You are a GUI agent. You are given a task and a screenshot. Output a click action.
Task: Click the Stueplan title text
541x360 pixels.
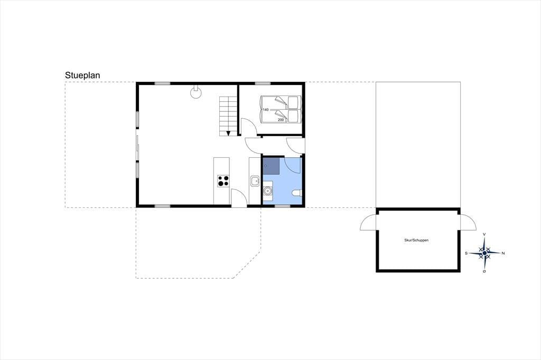(82, 75)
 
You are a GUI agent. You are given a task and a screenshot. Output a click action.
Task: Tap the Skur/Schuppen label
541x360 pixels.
(416, 240)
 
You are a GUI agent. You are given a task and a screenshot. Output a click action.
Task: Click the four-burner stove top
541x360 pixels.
(223, 181)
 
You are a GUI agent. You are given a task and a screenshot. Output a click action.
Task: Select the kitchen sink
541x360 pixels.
(255, 181)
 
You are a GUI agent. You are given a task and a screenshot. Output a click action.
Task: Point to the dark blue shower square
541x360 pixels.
(271, 166)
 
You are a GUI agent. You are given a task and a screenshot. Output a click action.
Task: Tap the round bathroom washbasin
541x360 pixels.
(267, 191)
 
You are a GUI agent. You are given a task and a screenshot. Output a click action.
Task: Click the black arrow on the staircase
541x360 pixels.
(228, 133)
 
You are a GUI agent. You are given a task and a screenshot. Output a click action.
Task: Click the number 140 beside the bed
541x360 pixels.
(266, 110)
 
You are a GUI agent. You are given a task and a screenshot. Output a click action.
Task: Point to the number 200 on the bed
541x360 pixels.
(281, 120)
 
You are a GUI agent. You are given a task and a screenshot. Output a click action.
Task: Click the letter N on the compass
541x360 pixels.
(503, 253)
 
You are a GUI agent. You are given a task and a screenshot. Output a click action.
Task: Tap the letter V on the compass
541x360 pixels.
(484, 234)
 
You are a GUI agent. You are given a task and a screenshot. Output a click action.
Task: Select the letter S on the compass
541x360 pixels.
(466, 253)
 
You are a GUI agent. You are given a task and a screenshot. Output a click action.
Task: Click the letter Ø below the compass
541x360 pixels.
(484, 271)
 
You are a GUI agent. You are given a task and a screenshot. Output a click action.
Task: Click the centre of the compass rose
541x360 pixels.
(484, 253)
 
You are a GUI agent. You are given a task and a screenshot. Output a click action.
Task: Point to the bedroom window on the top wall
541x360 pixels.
(263, 83)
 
